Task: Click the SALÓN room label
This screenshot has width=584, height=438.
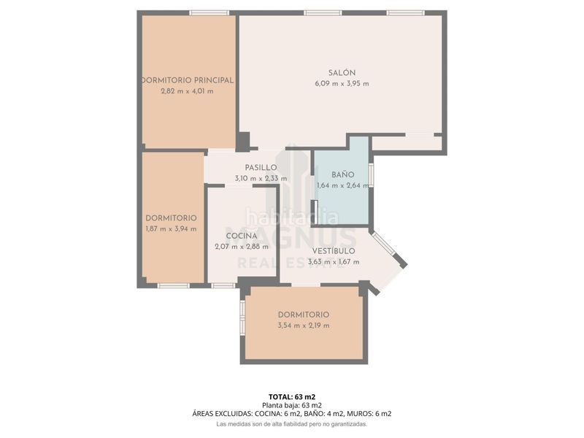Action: point(342,73)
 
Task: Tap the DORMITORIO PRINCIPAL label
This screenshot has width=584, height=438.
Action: point(188,80)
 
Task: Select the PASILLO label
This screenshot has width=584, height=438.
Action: point(261,168)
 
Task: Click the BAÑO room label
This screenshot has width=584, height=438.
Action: point(342,174)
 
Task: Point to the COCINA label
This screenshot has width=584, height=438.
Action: point(242,236)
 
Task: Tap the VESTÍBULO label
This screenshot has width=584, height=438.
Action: point(334,250)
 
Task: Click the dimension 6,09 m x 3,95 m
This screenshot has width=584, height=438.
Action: point(342,84)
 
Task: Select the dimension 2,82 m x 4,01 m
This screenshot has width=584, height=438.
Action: point(188,91)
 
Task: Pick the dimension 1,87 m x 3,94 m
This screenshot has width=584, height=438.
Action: point(171,228)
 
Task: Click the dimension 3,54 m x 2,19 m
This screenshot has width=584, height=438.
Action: point(304,326)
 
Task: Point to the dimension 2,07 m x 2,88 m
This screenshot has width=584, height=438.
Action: point(242,247)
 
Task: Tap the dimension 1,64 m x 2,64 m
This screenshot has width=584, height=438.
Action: point(342,185)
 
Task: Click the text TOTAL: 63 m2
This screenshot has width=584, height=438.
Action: point(292,397)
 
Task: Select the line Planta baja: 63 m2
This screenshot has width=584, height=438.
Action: point(292,406)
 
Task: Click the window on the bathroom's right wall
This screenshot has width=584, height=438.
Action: point(371,174)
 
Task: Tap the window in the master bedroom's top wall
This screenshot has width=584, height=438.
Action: point(209,13)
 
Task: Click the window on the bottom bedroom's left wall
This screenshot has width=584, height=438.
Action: point(242,317)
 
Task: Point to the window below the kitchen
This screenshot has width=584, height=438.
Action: point(223,285)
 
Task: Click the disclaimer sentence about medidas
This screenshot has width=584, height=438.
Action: point(292,424)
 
